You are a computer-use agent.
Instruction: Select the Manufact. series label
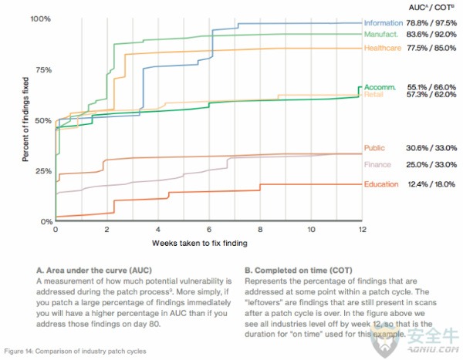[381, 35]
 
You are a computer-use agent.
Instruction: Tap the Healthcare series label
[381, 49]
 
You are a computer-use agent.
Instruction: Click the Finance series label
[377, 165]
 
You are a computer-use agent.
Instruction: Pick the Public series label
[374, 148]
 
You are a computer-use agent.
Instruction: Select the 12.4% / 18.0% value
[432, 184]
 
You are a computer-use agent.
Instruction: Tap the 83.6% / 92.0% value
[432, 35]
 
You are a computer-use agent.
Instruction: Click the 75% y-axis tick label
[42, 69]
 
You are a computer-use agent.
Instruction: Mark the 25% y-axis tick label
[42, 171]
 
